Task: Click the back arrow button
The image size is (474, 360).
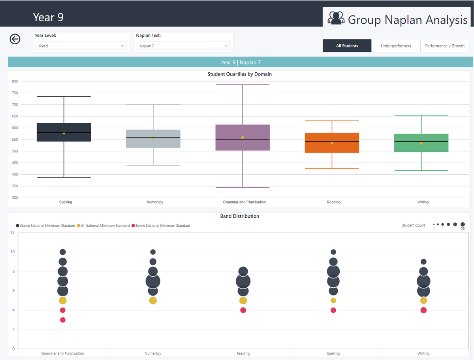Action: point(15,39)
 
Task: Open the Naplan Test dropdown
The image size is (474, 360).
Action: point(184,46)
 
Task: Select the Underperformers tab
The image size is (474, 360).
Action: point(396,46)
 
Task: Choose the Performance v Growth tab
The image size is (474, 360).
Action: point(445,46)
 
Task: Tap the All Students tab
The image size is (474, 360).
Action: point(347,46)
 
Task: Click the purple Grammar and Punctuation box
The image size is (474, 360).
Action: point(243,138)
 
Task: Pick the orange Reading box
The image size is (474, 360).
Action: point(332,143)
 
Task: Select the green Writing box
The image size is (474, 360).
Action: point(421,143)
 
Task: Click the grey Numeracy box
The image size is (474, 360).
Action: point(153,139)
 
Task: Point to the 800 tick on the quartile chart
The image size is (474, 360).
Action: point(15,81)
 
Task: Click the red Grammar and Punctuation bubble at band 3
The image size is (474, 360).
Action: point(62,320)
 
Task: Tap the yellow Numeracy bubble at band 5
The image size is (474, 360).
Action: point(153,301)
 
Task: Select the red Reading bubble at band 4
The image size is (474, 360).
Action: point(243,310)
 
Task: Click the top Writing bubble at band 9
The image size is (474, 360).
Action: point(423,262)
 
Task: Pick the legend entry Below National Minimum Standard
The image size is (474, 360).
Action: point(162,226)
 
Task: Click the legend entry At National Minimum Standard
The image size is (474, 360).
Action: point(105,226)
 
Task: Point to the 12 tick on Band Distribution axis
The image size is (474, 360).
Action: point(12,232)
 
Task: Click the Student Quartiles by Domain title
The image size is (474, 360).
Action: point(239,74)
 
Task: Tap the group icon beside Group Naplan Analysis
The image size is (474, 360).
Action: point(336,19)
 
